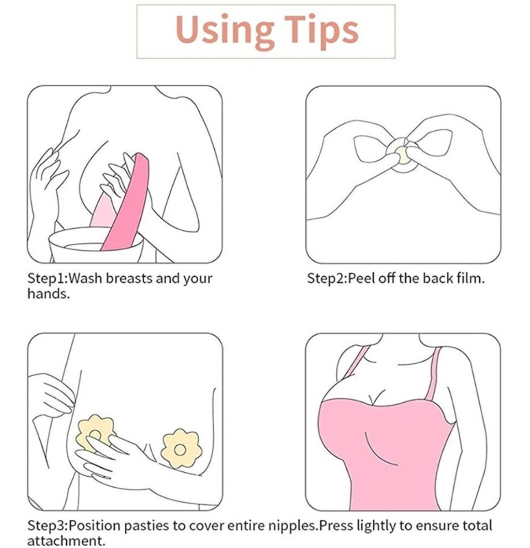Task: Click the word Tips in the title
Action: [321, 32]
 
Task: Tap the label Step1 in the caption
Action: [46, 279]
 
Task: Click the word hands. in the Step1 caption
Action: [48, 294]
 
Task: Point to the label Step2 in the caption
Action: [326, 279]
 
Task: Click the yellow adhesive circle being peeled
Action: [401, 154]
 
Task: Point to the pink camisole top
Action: [386, 456]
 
